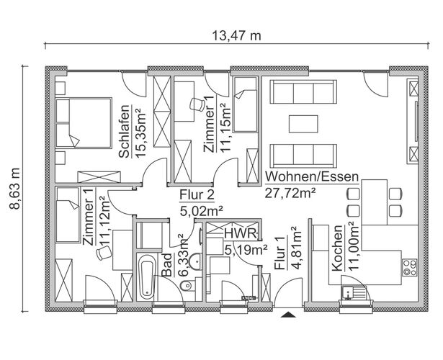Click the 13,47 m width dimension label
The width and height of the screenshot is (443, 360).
point(236,36)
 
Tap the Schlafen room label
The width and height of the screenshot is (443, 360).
point(125,131)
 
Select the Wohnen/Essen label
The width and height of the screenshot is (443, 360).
point(312,176)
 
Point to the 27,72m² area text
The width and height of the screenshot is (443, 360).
point(290,194)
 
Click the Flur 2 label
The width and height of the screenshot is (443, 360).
point(197,195)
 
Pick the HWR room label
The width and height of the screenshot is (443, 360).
point(241,234)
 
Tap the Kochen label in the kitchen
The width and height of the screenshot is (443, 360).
point(337,248)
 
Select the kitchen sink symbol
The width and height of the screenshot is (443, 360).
point(353,292)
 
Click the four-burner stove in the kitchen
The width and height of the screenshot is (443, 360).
point(410,267)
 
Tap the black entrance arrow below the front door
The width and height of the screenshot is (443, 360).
point(288,315)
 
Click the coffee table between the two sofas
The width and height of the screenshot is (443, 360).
point(303,124)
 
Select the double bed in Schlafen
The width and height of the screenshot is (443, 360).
point(84,123)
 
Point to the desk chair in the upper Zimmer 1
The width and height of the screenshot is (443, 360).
point(197,104)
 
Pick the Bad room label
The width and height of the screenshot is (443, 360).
point(167,265)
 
